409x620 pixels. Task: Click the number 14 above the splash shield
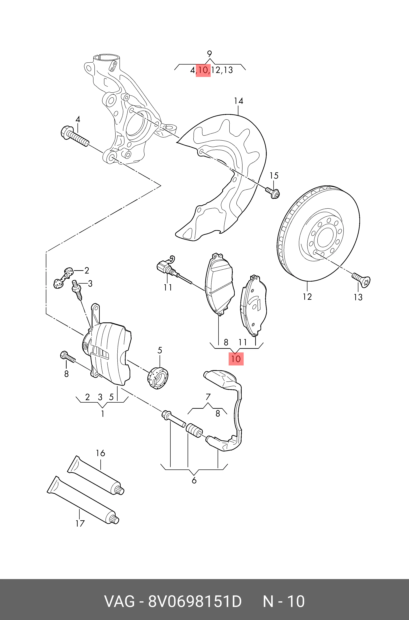coord(238,101)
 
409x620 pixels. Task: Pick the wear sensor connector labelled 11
coord(167,268)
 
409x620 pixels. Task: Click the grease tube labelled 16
coord(96,475)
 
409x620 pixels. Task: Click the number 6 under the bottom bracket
coord(194,481)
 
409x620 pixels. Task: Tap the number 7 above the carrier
coord(208,397)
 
